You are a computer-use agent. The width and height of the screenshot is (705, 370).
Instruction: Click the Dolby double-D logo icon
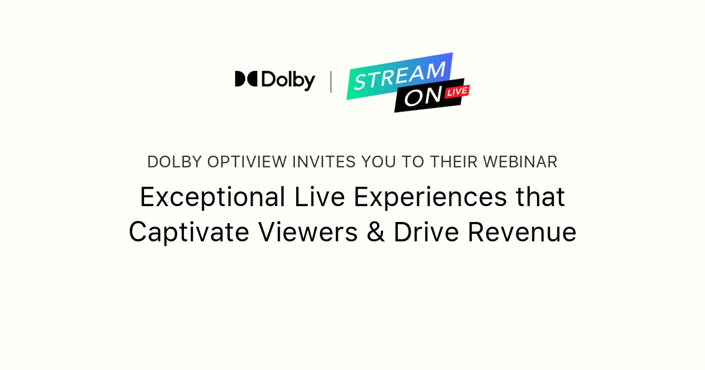point(246,79)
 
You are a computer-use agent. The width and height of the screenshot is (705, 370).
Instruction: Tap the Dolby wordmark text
point(288,80)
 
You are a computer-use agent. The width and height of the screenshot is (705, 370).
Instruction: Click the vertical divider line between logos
point(331,82)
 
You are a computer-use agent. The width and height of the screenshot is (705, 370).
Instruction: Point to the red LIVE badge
point(458,92)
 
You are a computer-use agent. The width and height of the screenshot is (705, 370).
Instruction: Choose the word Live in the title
point(321,197)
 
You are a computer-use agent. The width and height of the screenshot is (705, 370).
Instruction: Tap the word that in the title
point(540,197)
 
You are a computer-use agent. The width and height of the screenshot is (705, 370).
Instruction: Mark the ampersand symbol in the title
point(375,232)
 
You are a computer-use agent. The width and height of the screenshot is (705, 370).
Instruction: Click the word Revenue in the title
point(522,232)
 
